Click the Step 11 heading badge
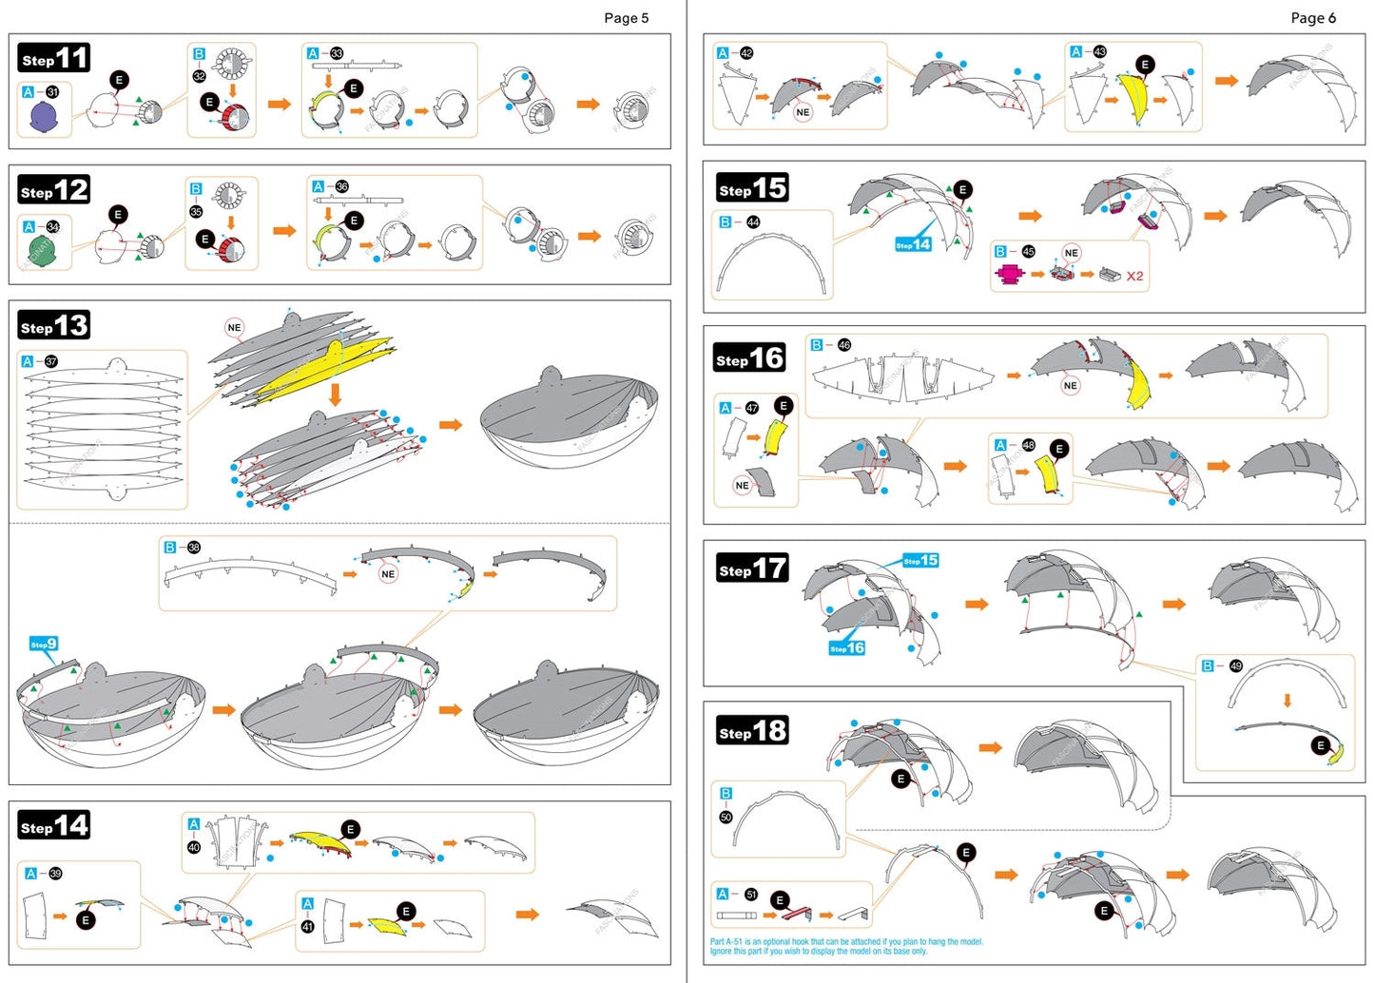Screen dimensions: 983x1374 54,59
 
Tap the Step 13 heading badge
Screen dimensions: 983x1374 54,326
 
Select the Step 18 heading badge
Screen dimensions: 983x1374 752,731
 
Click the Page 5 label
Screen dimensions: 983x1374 626,18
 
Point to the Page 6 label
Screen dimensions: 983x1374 1312,18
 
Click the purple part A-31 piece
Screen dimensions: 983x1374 44,117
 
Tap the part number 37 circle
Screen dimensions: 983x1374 51,362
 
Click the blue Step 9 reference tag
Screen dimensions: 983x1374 44,645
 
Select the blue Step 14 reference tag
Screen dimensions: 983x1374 913,244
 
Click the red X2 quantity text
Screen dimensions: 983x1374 1134,277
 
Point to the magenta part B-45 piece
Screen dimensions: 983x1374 1009,275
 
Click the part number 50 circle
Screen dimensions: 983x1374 726,817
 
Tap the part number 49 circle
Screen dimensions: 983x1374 1235,666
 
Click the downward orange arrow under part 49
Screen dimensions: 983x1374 1287,701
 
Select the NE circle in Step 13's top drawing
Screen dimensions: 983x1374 234,328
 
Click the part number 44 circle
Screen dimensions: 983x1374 753,222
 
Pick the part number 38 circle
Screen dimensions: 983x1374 194,548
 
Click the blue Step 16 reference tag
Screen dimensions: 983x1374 846,648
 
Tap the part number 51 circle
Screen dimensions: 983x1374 751,895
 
